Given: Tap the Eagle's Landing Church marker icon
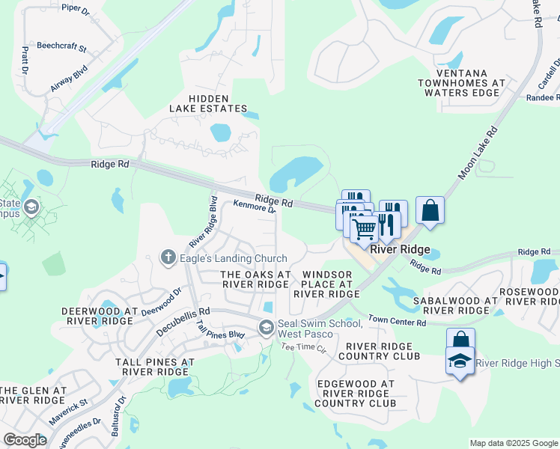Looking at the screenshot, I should (168, 258).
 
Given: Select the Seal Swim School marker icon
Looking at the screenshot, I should (266, 328).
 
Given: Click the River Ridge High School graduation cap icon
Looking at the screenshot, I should (458, 361).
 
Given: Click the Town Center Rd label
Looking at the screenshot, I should (397, 322).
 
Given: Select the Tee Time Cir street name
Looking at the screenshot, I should (304, 348).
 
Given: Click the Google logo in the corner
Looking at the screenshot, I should (25, 439).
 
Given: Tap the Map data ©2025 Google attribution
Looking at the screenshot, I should (514, 443).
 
